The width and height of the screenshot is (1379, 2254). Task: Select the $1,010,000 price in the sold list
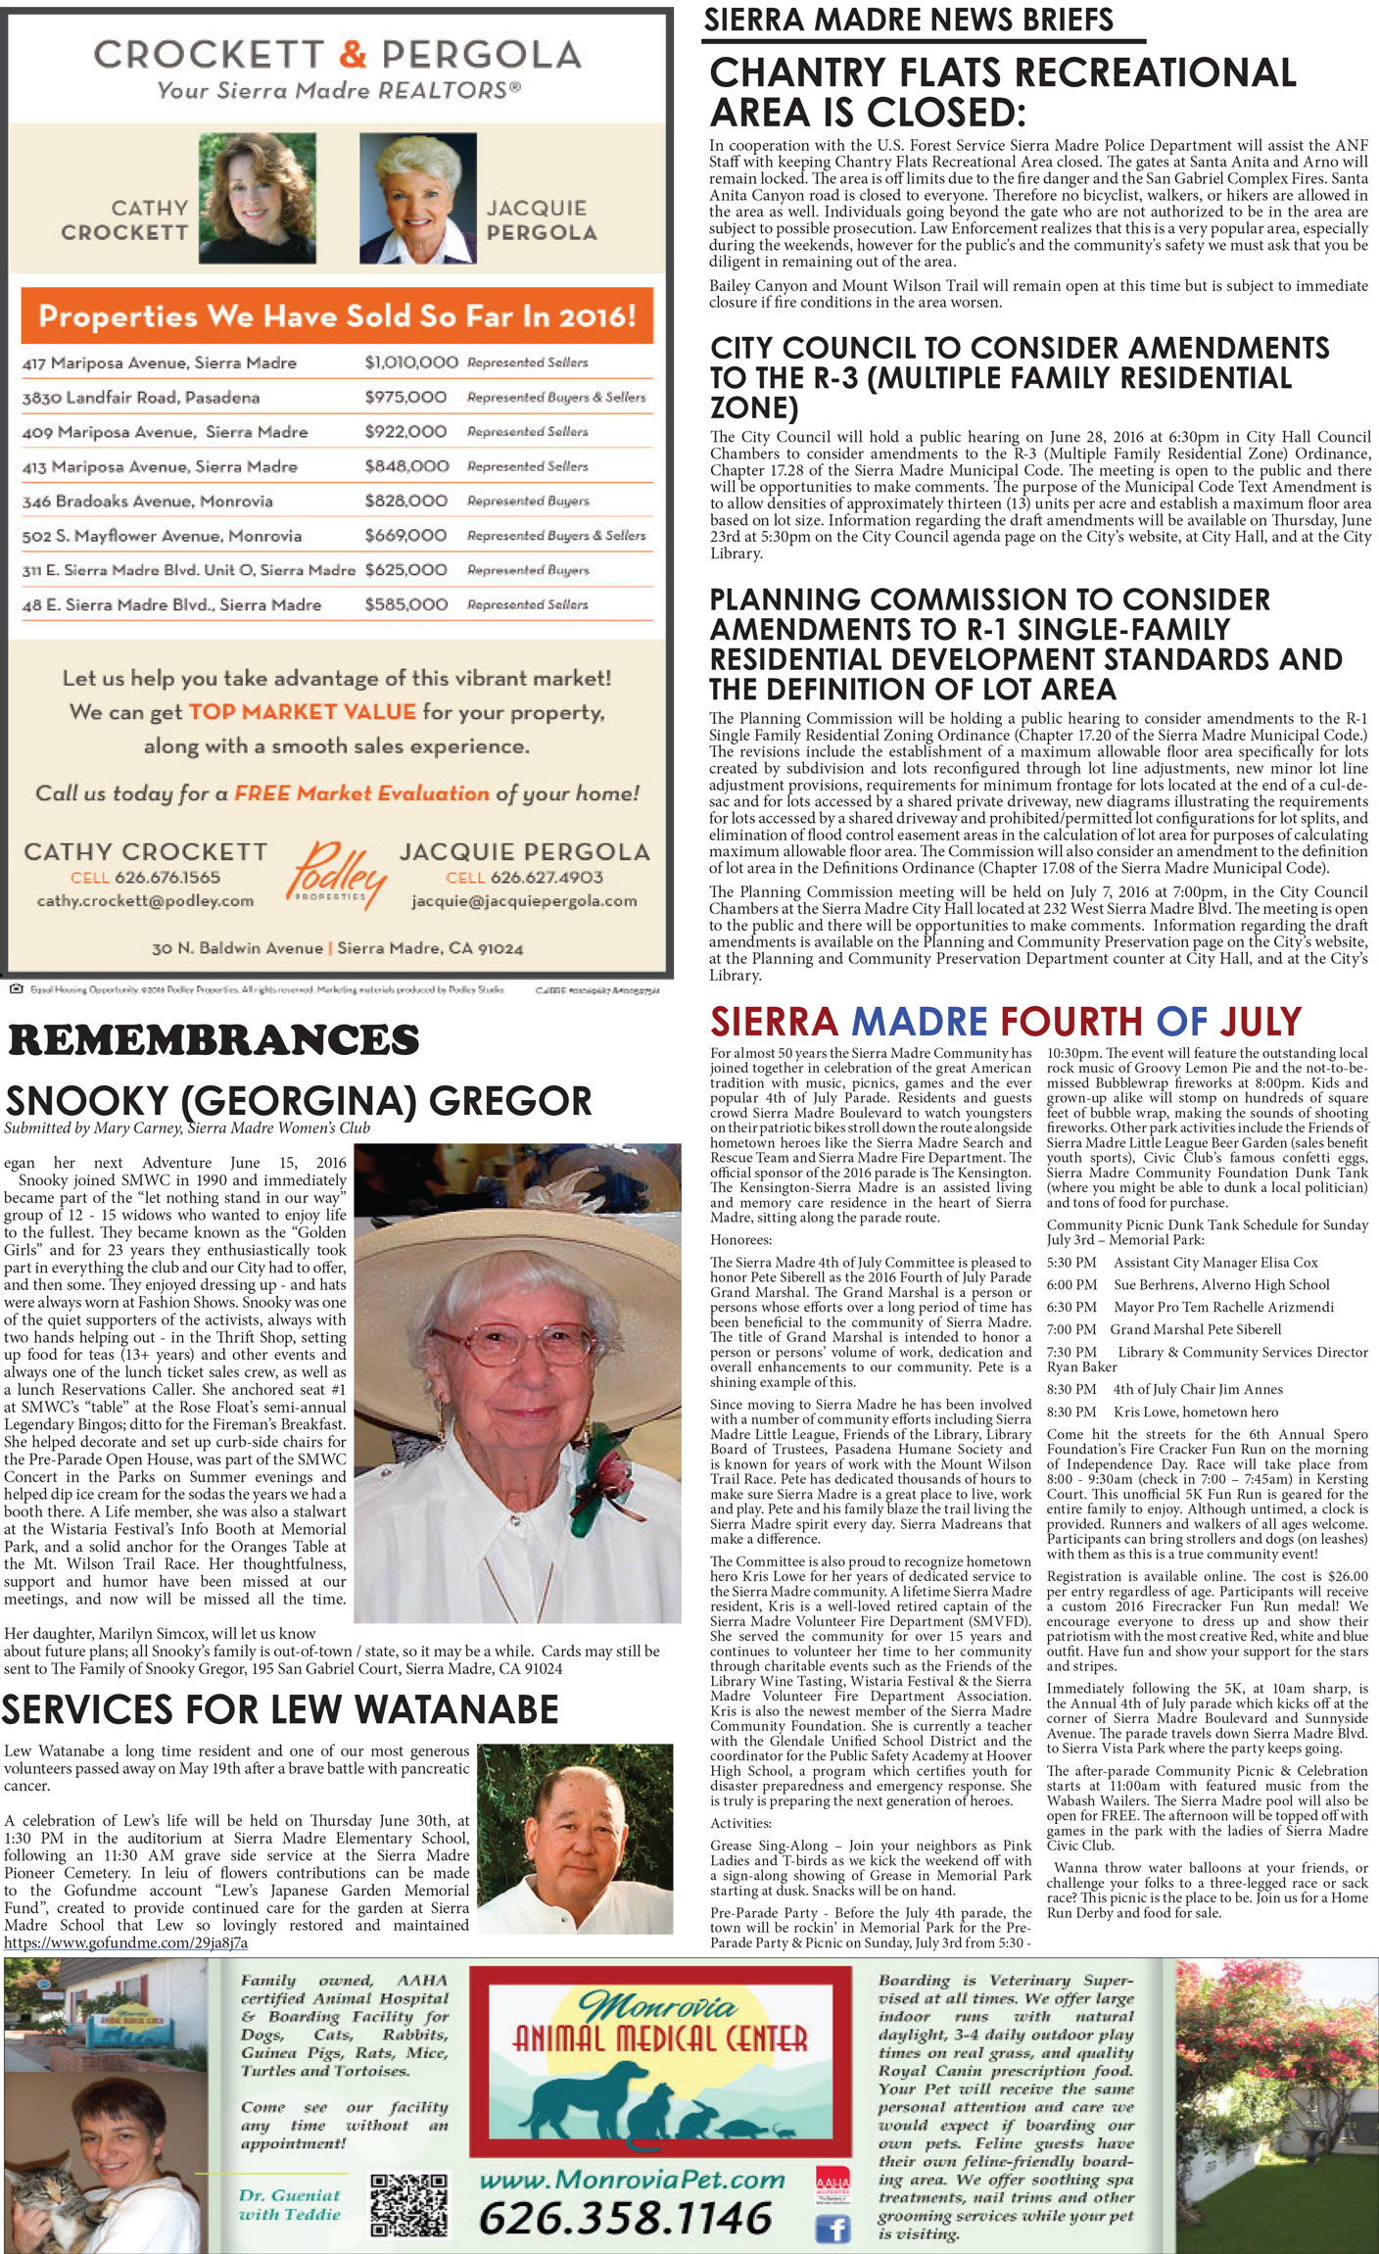tap(410, 362)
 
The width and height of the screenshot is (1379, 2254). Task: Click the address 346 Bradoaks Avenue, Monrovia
tap(148, 502)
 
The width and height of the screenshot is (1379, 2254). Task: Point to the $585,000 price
tap(405, 605)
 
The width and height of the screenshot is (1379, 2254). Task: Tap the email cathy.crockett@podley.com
tap(145, 901)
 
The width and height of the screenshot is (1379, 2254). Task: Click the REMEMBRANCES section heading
tap(214, 1040)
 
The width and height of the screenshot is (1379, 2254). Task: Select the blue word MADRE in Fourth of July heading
tap(919, 1022)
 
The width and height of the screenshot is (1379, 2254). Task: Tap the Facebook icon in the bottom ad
tap(832, 2230)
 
